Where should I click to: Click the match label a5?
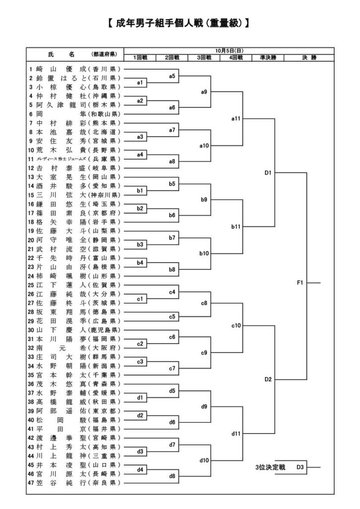tap(172, 76)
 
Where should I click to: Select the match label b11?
tap(236, 227)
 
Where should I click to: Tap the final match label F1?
tap(300, 282)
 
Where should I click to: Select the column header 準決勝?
tap(268, 58)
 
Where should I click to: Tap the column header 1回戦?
tap(140, 58)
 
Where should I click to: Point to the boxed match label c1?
tap(140, 298)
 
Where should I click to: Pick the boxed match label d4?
tap(140, 469)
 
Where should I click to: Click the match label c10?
tap(236, 326)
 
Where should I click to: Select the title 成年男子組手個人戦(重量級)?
tap(178, 23)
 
